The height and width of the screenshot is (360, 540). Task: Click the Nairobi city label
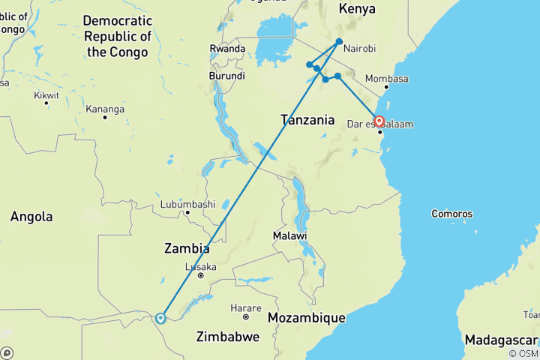pos(359,49)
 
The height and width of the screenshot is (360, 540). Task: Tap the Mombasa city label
pos(387,79)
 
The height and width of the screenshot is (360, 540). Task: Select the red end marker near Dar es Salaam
pos(379,121)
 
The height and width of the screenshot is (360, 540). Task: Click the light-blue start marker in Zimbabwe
pos(160,318)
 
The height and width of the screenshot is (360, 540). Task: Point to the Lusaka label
pos(200,266)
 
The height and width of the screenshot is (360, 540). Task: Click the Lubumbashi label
pos(187,203)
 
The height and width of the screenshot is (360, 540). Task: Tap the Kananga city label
pos(104,109)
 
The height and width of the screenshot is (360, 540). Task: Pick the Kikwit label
pos(46,96)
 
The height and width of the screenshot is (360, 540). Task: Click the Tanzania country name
pos(307,119)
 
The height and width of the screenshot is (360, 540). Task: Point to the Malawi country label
pos(290,235)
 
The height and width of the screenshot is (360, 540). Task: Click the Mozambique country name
pos(306,318)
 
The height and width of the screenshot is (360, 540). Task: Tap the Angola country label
pos(31,217)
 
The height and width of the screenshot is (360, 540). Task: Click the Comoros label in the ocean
pos(451,214)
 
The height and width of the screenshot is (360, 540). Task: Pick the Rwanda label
pos(227,49)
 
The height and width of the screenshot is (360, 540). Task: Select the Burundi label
pos(226,76)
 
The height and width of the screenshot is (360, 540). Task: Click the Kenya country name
pos(357,9)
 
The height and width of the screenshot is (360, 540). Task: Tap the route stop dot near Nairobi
pos(340,42)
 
